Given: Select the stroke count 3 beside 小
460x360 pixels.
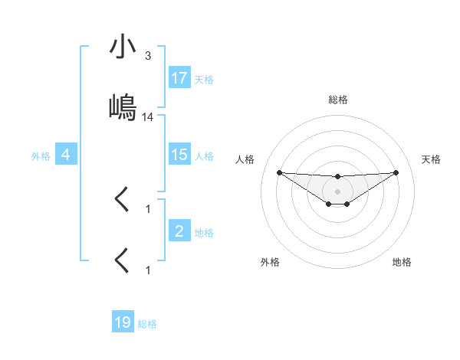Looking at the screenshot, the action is (x=147, y=56).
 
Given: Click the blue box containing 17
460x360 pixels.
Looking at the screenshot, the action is (x=179, y=78).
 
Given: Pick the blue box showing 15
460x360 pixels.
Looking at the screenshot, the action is (x=179, y=155).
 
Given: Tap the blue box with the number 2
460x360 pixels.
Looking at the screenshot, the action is (x=179, y=231).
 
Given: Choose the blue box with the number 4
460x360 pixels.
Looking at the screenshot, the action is (x=66, y=155).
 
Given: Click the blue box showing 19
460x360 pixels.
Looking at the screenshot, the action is (x=123, y=322).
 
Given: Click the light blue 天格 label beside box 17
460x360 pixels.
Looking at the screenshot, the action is (x=204, y=79).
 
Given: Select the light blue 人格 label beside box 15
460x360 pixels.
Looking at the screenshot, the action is (x=204, y=155).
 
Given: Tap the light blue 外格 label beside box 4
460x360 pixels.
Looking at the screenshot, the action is (x=41, y=155).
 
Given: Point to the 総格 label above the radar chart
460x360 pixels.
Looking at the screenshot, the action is (x=337, y=100).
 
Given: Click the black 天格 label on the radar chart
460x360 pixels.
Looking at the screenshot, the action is (x=432, y=159).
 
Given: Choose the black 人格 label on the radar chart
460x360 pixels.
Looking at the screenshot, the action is (x=245, y=159).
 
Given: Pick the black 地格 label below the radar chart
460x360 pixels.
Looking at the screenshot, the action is (x=402, y=262).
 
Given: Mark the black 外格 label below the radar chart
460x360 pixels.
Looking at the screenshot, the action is (x=270, y=262).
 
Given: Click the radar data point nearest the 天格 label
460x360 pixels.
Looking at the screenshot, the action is (x=396, y=172).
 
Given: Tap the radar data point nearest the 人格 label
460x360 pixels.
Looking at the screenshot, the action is (x=279, y=172).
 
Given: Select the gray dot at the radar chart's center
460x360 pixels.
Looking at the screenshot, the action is (x=337, y=191).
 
